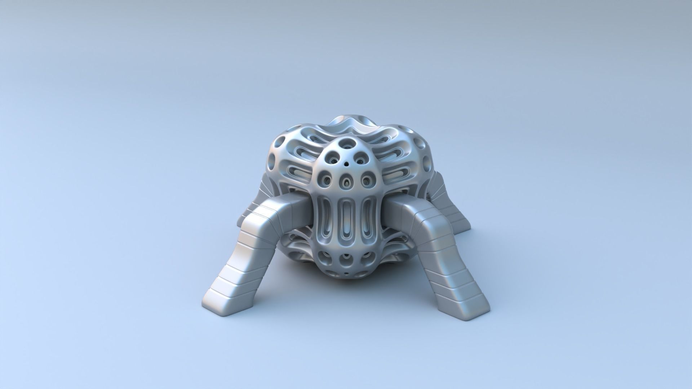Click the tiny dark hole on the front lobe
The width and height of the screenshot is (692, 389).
(346, 164)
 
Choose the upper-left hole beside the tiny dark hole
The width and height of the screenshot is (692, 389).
(331, 158)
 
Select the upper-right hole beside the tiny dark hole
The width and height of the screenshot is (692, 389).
(362, 158)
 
